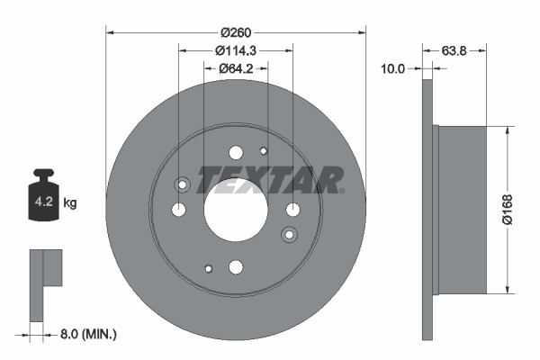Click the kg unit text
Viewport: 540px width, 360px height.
(x=70, y=203)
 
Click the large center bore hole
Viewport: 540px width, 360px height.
(x=236, y=210)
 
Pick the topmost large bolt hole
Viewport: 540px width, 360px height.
(x=236, y=153)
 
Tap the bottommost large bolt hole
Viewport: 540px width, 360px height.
(x=236, y=266)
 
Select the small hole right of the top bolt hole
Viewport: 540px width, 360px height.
(x=264, y=150)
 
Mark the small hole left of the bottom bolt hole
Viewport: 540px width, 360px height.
(x=208, y=268)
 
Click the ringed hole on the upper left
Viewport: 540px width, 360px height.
(x=184, y=185)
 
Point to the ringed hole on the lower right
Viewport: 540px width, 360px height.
(x=289, y=235)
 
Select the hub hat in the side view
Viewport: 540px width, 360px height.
(x=463, y=209)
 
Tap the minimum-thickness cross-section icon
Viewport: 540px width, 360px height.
(x=45, y=283)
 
